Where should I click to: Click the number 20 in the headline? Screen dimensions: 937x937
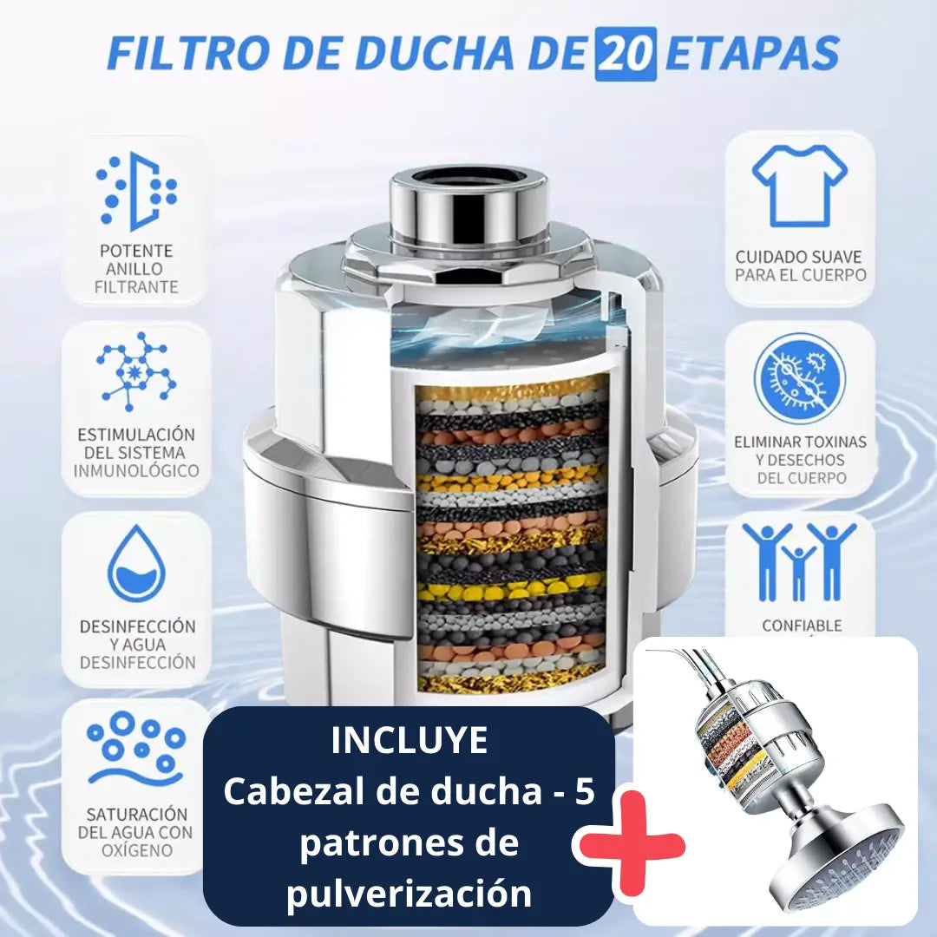[x=625, y=54]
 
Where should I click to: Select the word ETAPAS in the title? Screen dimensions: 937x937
[x=752, y=54]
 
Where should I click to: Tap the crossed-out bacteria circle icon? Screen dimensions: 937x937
[x=799, y=378]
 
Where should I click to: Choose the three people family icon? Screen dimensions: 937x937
[x=799, y=561]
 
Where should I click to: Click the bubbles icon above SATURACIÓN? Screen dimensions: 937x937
[x=136, y=748]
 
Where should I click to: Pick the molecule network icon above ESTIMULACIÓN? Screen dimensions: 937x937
[x=136, y=371]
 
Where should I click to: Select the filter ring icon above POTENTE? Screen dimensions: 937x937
[x=136, y=191]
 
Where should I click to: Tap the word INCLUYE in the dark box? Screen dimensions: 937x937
[x=410, y=741]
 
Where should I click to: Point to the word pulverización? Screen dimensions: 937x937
[x=410, y=894]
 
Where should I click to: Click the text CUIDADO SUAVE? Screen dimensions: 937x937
[x=799, y=257]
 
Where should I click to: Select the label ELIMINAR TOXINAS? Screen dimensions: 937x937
[x=799, y=442]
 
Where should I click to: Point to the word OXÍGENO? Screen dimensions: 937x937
[x=136, y=850]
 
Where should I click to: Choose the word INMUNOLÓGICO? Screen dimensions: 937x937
[x=136, y=471]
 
